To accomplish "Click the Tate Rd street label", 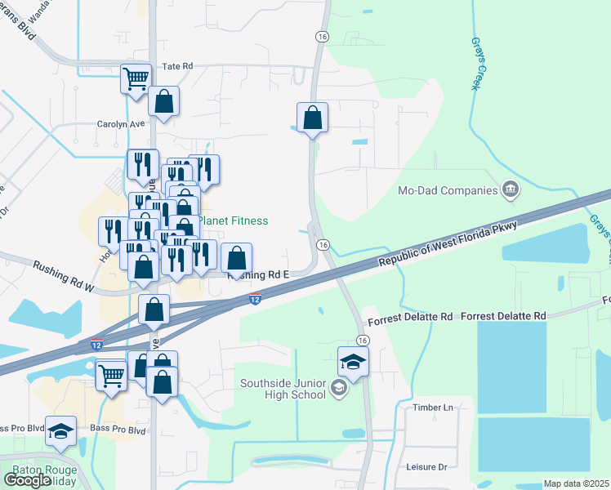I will (x=176, y=66).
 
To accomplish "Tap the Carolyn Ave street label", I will (x=120, y=124).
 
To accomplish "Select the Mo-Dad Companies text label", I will (x=447, y=191).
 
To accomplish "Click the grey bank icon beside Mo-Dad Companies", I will (x=511, y=191).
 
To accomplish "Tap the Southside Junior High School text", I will (x=283, y=389).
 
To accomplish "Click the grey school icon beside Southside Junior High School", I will (x=341, y=390).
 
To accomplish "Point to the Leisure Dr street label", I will (x=426, y=467).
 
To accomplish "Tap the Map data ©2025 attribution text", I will (x=575, y=483).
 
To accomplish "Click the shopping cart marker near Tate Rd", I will (x=136, y=78).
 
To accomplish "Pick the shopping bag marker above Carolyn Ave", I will (x=163, y=101).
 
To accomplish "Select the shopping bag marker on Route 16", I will (x=312, y=118).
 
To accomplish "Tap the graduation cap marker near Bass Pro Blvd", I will (x=60, y=430).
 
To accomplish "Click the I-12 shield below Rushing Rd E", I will (x=256, y=301).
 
